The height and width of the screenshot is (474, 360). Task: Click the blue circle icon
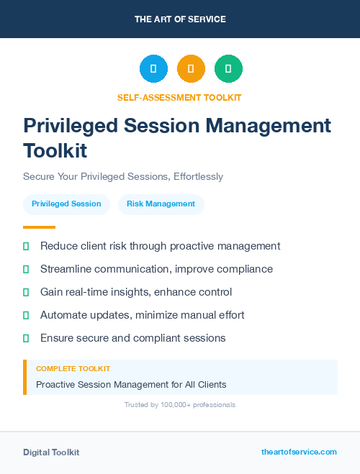(153, 69)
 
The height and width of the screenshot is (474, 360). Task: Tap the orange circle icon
(191, 69)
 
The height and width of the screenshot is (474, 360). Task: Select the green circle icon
(228, 69)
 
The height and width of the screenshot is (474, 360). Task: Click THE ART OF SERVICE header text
(180, 19)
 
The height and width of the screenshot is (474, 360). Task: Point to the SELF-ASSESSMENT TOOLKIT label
(179, 97)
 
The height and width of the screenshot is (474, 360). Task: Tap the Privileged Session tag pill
(66, 204)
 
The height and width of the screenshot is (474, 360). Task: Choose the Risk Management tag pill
(161, 204)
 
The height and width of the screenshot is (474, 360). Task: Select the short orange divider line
(39, 227)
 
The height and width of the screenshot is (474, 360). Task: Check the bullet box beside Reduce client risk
(26, 246)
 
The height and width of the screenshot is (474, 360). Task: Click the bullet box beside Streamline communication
(26, 269)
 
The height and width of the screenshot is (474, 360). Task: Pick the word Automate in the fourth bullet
(63, 315)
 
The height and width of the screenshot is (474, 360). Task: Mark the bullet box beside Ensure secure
(26, 338)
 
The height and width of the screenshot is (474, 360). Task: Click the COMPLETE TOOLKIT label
(73, 368)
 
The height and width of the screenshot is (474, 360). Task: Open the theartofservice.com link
(299, 452)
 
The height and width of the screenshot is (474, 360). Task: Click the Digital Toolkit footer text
(51, 452)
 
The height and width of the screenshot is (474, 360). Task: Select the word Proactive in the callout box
(57, 385)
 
